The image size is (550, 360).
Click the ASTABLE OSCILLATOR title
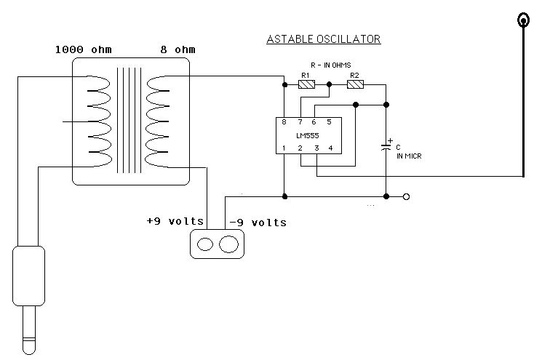tap(324, 39)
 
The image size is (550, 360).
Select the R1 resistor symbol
tap(306, 84)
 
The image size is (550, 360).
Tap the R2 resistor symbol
tap(355, 84)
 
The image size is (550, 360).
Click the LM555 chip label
tap(308, 136)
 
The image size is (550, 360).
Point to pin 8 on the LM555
tap(284, 122)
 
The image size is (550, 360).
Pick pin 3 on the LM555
tap(316, 148)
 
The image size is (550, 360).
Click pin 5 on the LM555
tap(329, 122)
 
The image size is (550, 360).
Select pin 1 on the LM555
tap(284, 148)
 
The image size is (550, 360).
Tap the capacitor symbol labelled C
tap(386, 146)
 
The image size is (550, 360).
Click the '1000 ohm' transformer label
tap(84, 49)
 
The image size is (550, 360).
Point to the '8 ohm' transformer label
tap(178, 49)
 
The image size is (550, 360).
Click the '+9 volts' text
tap(175, 222)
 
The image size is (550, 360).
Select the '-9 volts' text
tap(258, 223)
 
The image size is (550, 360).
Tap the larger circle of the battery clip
tap(228, 244)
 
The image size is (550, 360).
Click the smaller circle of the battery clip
tap(205, 244)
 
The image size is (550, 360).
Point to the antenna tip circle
tap(524, 20)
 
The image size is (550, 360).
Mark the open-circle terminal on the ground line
tap(406, 196)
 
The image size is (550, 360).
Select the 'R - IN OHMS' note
tap(331, 65)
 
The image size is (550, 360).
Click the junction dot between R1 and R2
tap(329, 84)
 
